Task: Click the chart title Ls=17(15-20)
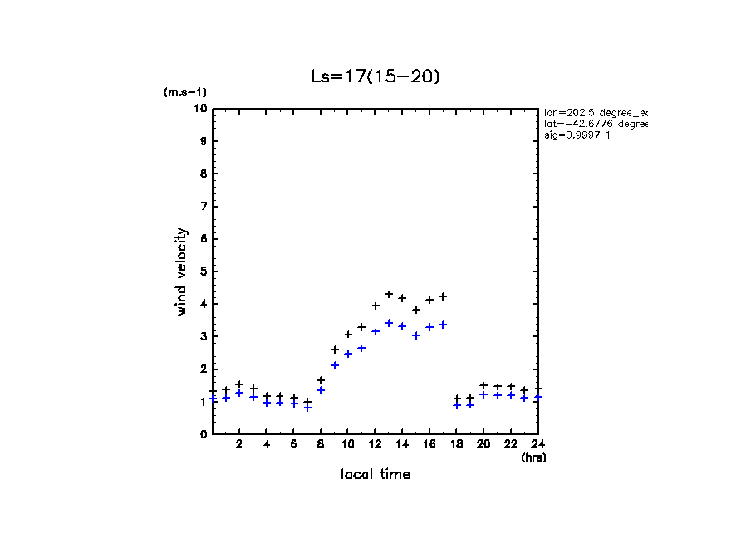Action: click(x=375, y=76)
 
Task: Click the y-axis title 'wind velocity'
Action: click(x=182, y=271)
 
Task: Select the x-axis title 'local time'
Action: click(x=375, y=474)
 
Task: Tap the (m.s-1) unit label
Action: click(x=184, y=92)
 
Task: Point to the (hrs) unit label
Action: click(x=533, y=457)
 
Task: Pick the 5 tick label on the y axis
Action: click(x=204, y=271)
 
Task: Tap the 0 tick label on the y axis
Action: click(x=204, y=433)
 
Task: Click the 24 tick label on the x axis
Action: click(x=537, y=444)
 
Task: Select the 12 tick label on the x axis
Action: click(x=375, y=444)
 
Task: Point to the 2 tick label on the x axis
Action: click(x=239, y=444)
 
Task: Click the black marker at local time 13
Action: click(x=389, y=294)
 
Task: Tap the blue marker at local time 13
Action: click(x=389, y=323)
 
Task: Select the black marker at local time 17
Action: click(x=443, y=296)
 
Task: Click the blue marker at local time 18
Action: click(x=457, y=405)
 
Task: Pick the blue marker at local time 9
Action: click(x=335, y=365)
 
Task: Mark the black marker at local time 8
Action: click(x=321, y=380)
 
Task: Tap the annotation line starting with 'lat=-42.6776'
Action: click(x=595, y=124)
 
